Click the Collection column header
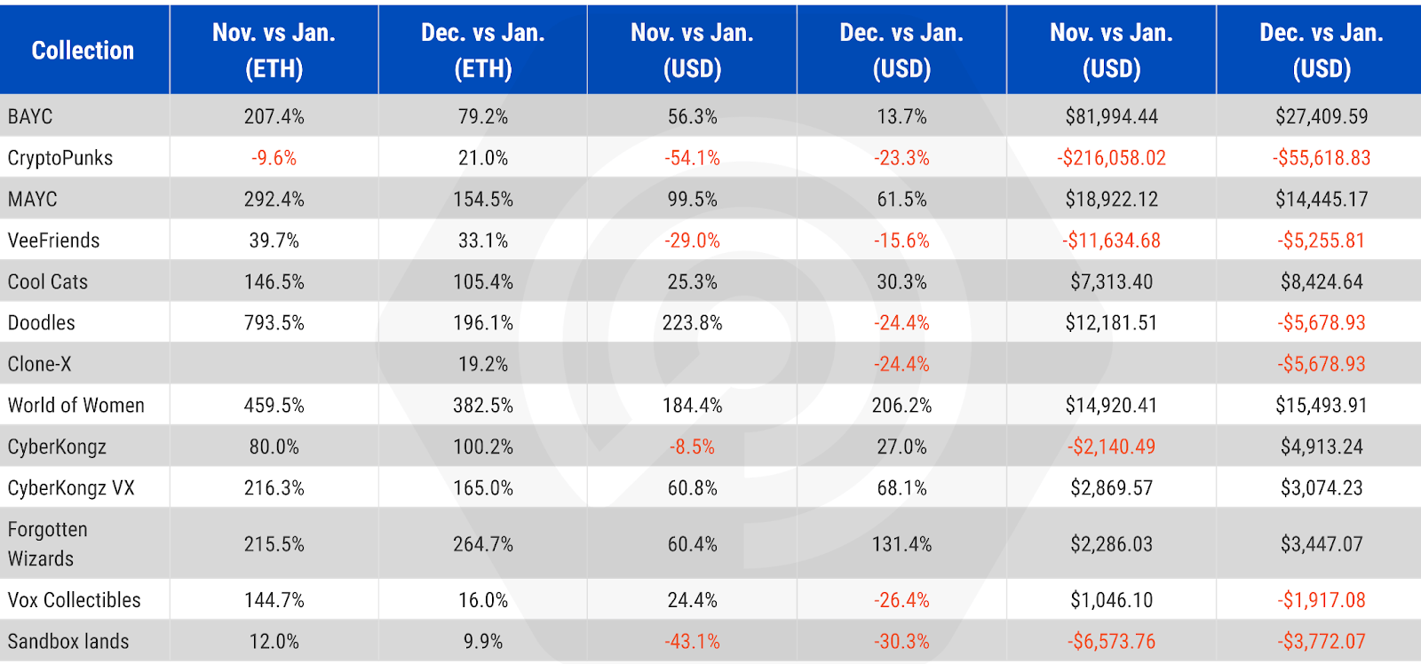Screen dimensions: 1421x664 point(83,51)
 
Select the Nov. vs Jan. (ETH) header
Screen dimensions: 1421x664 point(274,51)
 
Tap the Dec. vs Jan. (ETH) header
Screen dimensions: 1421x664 point(483,51)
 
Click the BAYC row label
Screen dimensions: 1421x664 point(30,116)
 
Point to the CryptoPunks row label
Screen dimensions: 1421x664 point(60,158)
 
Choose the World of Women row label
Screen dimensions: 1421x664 point(76,406)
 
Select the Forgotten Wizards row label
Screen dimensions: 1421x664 point(48,543)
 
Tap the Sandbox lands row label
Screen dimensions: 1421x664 point(68,641)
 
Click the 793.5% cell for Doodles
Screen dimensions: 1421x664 point(274,323)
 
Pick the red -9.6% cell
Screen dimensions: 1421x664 point(274,158)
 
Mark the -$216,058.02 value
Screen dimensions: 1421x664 point(1111,158)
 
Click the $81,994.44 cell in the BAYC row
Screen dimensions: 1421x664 point(1111,116)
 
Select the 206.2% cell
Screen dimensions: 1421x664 point(902,406)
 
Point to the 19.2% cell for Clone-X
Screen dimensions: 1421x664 point(483,364)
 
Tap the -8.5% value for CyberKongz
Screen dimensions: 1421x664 point(692,447)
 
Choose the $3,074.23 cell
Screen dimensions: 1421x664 point(1322,487)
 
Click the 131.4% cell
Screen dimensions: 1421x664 point(902,543)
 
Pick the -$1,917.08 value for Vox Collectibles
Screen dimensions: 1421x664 point(1322,600)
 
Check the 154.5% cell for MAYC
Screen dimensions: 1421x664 point(483,199)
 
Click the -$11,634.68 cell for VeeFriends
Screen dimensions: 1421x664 point(1111,241)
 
